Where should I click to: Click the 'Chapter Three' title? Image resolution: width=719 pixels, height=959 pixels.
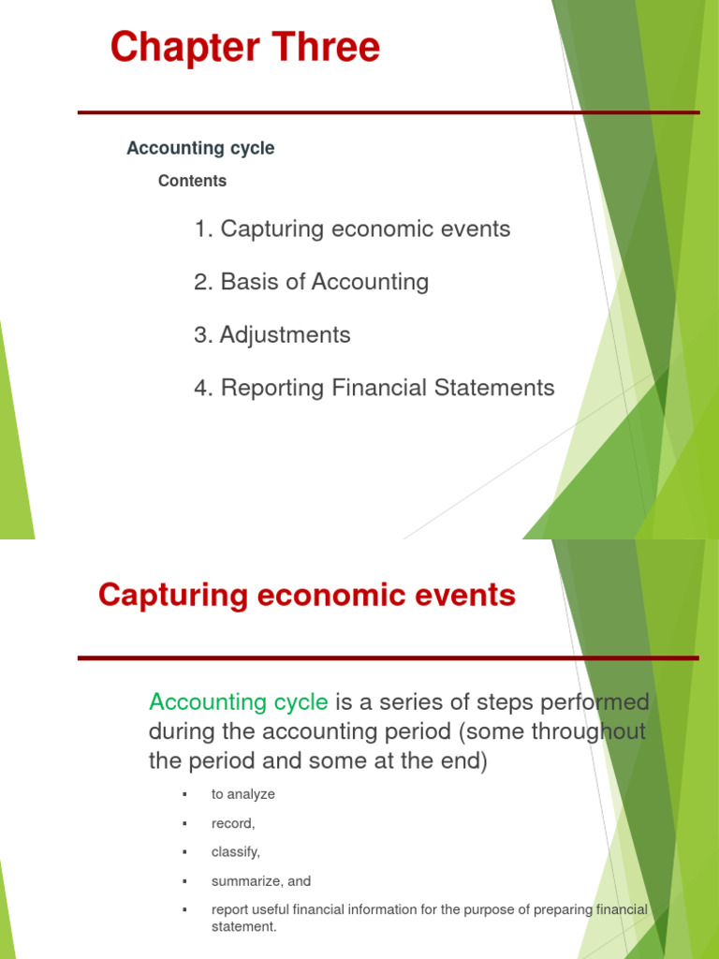pos(245,48)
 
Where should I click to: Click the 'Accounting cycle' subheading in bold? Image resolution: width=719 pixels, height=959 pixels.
pos(200,148)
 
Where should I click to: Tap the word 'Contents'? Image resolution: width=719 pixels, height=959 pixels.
pos(192,181)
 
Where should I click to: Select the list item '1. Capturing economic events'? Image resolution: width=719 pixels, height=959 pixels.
pos(352,229)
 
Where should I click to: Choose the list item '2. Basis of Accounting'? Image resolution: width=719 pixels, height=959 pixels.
pos(311,282)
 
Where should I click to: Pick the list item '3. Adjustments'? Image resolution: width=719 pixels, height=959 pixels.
pos(272,335)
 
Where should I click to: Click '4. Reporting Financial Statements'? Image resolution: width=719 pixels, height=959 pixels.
pos(374,388)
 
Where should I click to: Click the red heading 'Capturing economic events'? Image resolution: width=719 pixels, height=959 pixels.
pos(307,595)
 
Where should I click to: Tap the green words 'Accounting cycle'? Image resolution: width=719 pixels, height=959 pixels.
pos(239,701)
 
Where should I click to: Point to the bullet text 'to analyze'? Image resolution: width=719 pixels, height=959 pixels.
pos(242,794)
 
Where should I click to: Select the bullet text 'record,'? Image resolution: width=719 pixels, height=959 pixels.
pos(233,823)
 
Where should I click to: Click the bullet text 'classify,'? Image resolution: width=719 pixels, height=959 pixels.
pos(236,852)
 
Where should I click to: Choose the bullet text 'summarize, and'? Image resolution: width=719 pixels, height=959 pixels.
pos(261,881)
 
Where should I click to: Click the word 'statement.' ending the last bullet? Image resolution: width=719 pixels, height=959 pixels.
pos(244,927)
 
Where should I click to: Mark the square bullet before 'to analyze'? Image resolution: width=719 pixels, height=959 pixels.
pos(185,794)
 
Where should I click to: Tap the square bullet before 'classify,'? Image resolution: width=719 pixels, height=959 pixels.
pos(185,852)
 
